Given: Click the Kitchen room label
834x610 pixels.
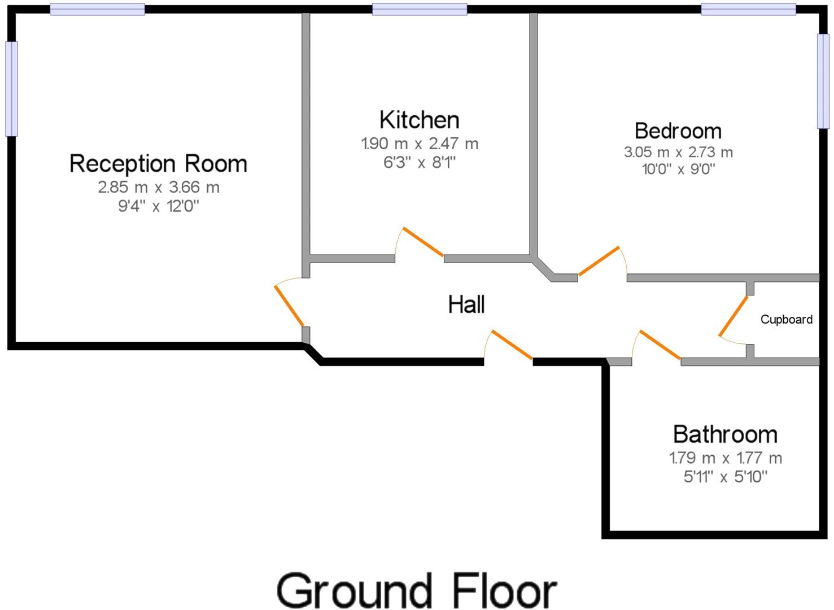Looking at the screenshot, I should [x=419, y=120].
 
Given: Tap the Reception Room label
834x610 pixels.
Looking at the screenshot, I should [x=158, y=164].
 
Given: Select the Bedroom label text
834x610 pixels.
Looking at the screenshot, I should [x=678, y=131].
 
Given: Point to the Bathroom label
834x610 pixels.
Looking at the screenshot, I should [x=725, y=434].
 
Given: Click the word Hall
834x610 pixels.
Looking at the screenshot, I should [x=466, y=304].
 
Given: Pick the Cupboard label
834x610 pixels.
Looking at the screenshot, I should [x=786, y=320].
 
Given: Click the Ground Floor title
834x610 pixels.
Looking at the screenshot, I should [x=417, y=591].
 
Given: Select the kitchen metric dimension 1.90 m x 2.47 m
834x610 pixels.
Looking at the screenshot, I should [x=420, y=143].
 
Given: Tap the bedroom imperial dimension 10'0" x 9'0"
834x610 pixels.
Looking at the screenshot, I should [x=678, y=169].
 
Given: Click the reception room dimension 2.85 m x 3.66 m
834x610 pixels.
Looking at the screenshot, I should [x=158, y=188].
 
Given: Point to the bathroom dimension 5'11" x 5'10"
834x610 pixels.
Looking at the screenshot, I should [x=725, y=477].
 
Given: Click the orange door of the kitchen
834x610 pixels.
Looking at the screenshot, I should [x=423, y=242].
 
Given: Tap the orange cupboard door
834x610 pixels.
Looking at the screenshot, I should [x=733, y=316].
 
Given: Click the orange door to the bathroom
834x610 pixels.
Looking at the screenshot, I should [x=660, y=345].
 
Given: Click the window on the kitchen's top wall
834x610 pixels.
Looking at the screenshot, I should [x=420, y=9].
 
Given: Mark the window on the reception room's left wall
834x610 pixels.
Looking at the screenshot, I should [x=11, y=89].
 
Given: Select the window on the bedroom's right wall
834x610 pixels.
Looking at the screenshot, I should [x=823, y=81].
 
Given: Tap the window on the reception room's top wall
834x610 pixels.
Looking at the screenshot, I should [x=97, y=9].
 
